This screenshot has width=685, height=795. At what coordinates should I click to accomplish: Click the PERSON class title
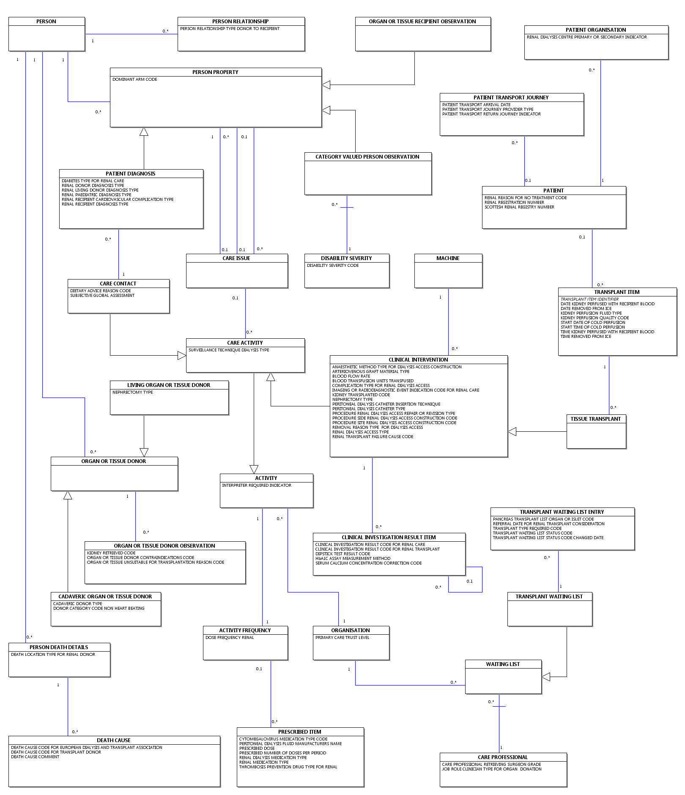tap(46, 22)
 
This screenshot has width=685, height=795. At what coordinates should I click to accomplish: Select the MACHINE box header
tap(448, 258)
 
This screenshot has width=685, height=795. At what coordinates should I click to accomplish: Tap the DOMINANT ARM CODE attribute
tap(134, 79)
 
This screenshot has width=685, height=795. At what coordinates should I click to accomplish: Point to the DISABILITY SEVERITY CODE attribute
tap(333, 266)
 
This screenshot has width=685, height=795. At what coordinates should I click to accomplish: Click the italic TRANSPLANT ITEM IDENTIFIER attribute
tap(589, 299)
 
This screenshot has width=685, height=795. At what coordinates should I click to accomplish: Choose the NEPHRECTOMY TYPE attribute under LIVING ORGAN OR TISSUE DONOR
tap(133, 392)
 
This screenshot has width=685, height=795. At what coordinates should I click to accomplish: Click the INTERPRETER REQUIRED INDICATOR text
tap(257, 485)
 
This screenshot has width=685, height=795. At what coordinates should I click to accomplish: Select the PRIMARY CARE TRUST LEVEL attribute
tap(342, 638)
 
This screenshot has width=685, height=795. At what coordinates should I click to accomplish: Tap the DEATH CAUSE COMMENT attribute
tap(35, 757)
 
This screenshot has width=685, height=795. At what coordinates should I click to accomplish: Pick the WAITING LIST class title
tap(503, 664)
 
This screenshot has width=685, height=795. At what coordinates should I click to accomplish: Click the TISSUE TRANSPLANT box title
tap(595, 419)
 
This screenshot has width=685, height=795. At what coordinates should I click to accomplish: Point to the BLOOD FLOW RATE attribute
tap(351, 376)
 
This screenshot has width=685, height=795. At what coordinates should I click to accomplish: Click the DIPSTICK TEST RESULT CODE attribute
tap(342, 554)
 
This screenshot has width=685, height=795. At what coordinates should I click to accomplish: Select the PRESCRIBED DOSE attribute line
tap(257, 748)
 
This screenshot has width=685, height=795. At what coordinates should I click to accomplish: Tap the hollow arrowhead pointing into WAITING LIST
tap(546, 677)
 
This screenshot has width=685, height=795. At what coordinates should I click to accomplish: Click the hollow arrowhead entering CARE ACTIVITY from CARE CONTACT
tap(182, 356)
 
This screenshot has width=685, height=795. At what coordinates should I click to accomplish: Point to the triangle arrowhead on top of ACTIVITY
tap(254, 469)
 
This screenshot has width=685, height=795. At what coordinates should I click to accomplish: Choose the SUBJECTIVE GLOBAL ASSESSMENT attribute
tap(102, 296)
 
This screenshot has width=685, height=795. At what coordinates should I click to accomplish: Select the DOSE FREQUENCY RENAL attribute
tap(230, 638)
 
